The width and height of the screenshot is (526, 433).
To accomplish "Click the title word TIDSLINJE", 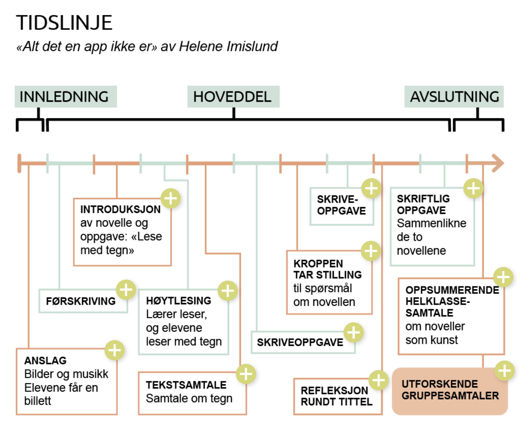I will (x=64, y=23).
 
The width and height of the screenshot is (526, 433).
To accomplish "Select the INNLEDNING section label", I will (x=64, y=97).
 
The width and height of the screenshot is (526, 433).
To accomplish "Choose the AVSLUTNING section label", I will (x=454, y=97).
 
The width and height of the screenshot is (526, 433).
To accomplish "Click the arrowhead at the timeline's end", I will (x=498, y=163).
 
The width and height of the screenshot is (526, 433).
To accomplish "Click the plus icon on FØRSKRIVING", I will (x=126, y=289).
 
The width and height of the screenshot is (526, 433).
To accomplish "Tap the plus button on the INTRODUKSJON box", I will (x=171, y=198).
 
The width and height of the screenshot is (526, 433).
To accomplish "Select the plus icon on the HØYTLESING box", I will (x=228, y=291).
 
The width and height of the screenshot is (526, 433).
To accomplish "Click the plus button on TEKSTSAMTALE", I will (x=246, y=374).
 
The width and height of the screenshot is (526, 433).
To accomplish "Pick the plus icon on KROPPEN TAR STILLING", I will (x=371, y=251).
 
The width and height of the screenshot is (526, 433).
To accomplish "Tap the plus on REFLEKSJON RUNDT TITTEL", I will (x=379, y=380).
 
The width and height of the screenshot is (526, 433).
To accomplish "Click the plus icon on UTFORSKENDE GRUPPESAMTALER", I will (x=505, y=371).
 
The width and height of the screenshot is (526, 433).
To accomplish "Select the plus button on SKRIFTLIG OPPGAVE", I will (x=473, y=188).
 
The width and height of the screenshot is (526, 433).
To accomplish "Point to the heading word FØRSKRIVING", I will (x=81, y=301).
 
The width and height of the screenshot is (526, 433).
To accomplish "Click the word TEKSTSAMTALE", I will (x=186, y=385).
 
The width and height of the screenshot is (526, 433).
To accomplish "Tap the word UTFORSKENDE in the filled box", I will (x=439, y=384).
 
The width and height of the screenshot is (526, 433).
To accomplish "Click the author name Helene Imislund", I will (x=228, y=46).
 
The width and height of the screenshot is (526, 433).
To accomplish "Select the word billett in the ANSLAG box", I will (x=37, y=401).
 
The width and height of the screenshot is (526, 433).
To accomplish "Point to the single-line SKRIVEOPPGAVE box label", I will (x=300, y=342).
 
